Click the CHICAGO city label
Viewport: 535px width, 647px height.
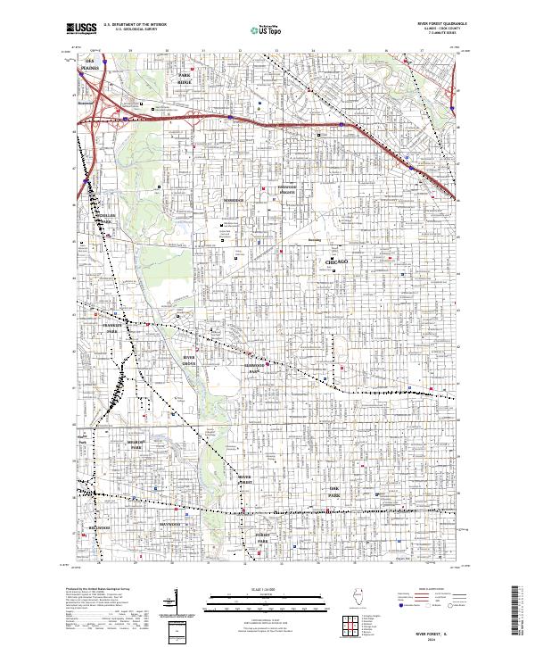[x=332, y=261]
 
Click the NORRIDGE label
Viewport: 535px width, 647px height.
[x=233, y=200]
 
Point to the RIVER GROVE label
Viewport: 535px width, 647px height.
[x=189, y=359]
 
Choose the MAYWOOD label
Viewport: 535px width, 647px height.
[x=169, y=524]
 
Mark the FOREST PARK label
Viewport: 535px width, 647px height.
[x=263, y=540]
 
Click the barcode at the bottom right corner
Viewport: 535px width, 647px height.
[x=515, y=607]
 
